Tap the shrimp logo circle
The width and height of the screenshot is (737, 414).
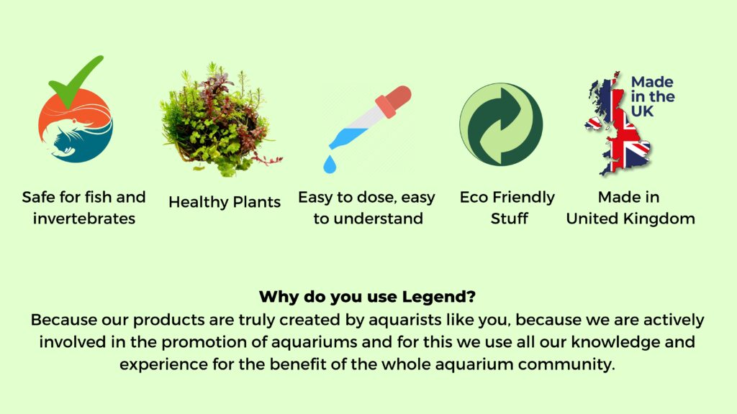[x=75, y=125]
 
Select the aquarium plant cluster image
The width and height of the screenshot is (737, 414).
[x=220, y=120]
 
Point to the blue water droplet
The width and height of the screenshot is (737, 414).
[x=330, y=165]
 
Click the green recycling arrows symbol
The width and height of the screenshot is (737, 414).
[x=501, y=124]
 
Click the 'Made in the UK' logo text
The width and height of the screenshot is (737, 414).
[x=652, y=96]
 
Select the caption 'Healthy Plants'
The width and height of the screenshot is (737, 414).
[x=225, y=202]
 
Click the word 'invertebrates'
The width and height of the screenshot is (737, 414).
[x=84, y=218]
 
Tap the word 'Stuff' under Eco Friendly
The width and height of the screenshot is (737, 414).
[x=509, y=218]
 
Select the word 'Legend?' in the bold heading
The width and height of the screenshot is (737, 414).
[x=439, y=297]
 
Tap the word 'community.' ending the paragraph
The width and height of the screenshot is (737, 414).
[x=566, y=364]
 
